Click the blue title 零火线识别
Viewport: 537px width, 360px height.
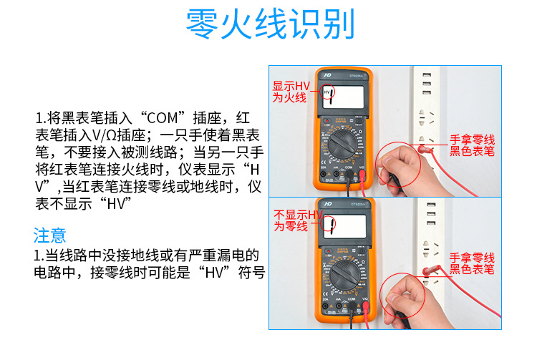[x=270, y=25]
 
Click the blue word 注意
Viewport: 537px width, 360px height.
[x=49, y=235]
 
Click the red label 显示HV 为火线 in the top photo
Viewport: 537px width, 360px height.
[x=290, y=91]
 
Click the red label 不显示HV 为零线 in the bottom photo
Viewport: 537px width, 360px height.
[x=293, y=220]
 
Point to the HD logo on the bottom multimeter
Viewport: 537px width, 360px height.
[x=326, y=205]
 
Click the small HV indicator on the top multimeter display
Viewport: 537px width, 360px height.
[x=327, y=92]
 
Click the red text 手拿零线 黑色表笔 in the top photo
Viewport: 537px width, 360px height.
[x=472, y=145]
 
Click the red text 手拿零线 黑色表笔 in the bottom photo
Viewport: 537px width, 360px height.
[x=472, y=263]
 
